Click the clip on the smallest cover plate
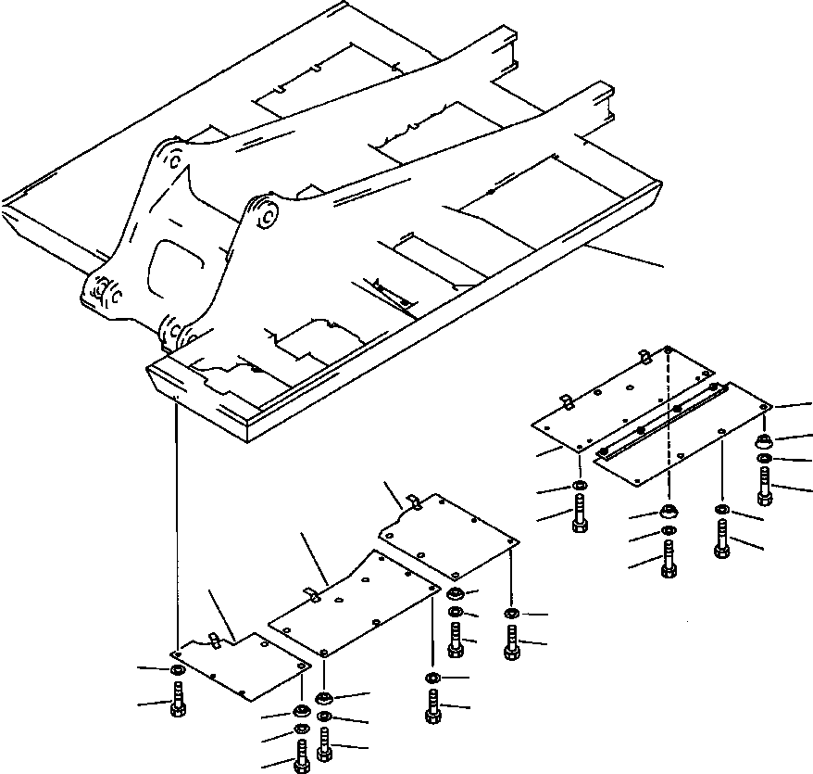pos(215,640)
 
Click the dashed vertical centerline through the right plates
pos(668,426)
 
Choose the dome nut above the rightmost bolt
pos(765,439)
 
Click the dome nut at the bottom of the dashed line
pos(669,513)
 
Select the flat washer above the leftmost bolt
pos(177,669)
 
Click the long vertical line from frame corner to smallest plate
pos(175,519)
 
